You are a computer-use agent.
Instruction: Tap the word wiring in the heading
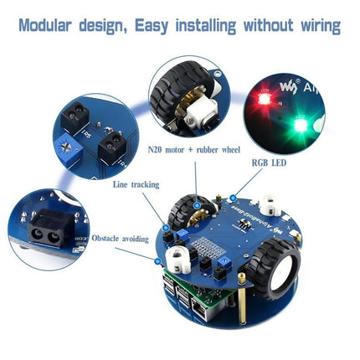pos(311,26)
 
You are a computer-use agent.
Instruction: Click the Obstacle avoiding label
pos(121,237)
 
